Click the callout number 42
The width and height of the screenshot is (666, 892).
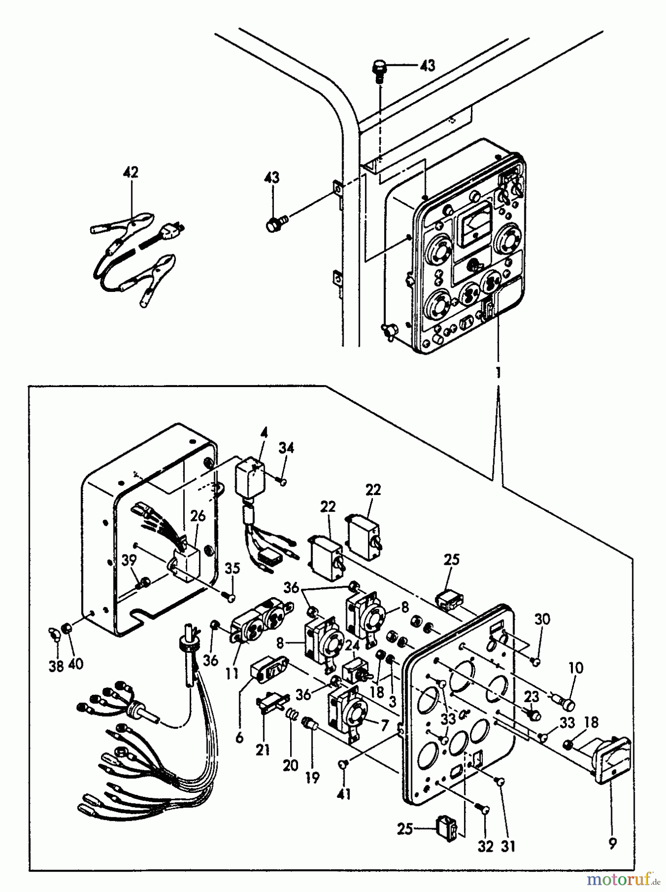pos(132,172)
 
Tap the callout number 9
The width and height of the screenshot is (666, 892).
pos(613,843)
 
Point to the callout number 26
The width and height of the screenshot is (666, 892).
pos(198,515)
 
